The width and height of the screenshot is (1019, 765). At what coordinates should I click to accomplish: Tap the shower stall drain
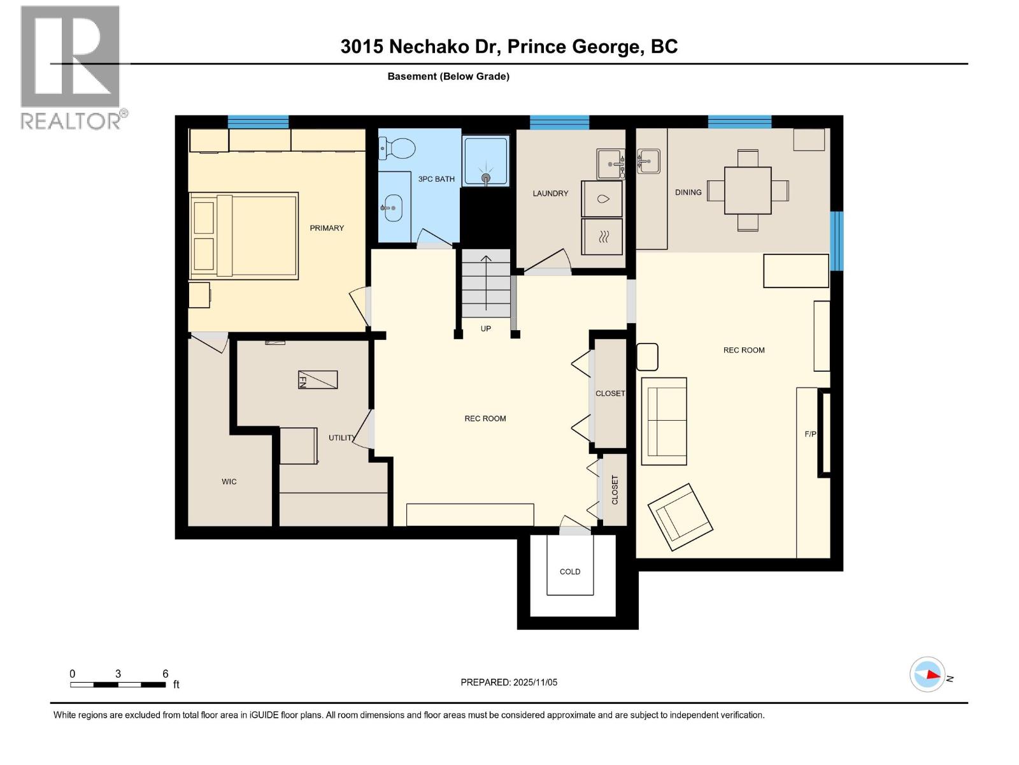pyautogui.click(x=486, y=178)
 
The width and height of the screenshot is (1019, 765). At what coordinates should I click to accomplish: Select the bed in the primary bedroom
pyautogui.click(x=244, y=235)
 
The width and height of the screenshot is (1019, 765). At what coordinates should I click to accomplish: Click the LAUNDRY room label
pyautogui.click(x=550, y=193)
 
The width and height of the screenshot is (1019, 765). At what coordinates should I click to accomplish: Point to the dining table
pyautogui.click(x=748, y=190)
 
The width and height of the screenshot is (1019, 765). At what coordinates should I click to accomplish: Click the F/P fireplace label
pyautogui.click(x=810, y=434)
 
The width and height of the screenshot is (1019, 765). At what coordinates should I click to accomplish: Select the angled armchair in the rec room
pyautogui.click(x=680, y=516)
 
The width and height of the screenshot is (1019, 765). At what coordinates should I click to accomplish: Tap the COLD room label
pyautogui.click(x=570, y=572)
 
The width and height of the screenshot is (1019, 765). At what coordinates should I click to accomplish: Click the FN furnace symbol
pyautogui.click(x=318, y=380)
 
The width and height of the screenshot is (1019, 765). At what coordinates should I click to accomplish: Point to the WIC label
pyautogui.click(x=229, y=482)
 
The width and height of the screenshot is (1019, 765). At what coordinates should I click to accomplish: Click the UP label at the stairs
pyautogui.click(x=486, y=329)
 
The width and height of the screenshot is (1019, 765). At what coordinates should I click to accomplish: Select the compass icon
pyautogui.click(x=927, y=674)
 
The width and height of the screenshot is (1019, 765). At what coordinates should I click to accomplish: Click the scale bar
pyautogui.click(x=118, y=685)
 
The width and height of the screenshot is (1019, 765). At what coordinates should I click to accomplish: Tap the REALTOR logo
pyautogui.click(x=71, y=67)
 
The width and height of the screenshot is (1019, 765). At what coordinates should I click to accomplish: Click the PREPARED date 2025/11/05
pyautogui.click(x=509, y=682)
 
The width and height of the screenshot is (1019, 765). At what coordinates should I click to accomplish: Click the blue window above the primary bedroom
pyautogui.click(x=258, y=122)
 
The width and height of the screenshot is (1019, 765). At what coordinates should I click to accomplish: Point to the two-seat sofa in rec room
pyautogui.click(x=664, y=421)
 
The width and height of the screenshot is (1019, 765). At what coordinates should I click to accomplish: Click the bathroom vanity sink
pyautogui.click(x=392, y=208)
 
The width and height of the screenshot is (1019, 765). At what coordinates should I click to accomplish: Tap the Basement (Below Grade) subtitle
pyautogui.click(x=448, y=76)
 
